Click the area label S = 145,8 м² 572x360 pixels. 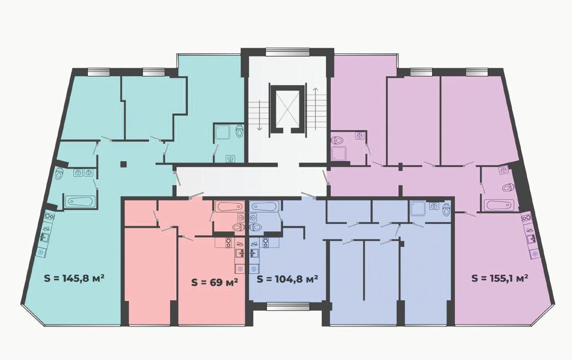(75, 278)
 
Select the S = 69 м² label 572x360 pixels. (215, 282)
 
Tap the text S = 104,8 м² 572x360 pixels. (287, 280)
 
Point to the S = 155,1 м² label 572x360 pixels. (500, 278)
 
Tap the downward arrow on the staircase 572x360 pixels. (259, 115)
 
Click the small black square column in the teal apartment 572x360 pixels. (124, 164)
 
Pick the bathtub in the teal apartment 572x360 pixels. (80, 202)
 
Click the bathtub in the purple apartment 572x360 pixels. (498, 204)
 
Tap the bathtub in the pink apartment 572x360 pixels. (229, 206)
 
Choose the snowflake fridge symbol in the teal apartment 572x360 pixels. (40, 253)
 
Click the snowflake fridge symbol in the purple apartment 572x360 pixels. (535, 254)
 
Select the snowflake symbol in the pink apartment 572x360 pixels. (240, 269)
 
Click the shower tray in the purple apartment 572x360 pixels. (339, 153)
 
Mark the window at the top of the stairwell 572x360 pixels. (287, 52)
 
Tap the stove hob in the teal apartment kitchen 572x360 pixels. (49, 217)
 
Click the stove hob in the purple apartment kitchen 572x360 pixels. (526, 218)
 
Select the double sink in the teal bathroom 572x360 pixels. (84, 173)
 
